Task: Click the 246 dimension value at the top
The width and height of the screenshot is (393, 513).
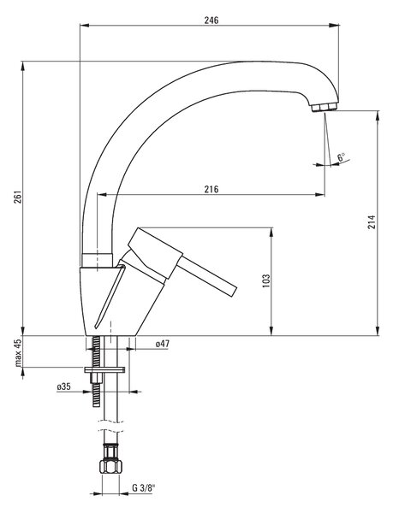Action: tap(211, 21)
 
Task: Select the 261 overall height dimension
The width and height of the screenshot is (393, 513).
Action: tap(18, 197)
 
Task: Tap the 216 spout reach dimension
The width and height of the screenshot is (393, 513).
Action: tap(211, 189)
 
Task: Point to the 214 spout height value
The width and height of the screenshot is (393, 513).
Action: tap(372, 221)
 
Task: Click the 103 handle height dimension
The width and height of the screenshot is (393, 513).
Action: tap(266, 280)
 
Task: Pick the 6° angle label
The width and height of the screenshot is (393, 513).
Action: tap(342, 156)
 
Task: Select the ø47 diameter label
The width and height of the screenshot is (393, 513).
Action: tap(163, 344)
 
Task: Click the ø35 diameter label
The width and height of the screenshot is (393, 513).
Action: tap(63, 386)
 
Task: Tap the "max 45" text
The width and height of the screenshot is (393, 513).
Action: tap(18, 352)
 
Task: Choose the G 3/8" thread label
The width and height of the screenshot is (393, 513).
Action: tap(144, 488)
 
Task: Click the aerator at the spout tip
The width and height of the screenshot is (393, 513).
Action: tap(324, 108)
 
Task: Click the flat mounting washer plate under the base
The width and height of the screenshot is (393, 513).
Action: tap(104, 369)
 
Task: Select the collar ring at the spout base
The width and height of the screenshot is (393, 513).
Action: tap(97, 261)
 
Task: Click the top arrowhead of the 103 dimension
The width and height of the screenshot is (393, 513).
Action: tap(271, 233)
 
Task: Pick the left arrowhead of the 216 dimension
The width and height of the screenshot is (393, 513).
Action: tap(103, 195)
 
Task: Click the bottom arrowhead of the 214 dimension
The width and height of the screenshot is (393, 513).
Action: tap(378, 330)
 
